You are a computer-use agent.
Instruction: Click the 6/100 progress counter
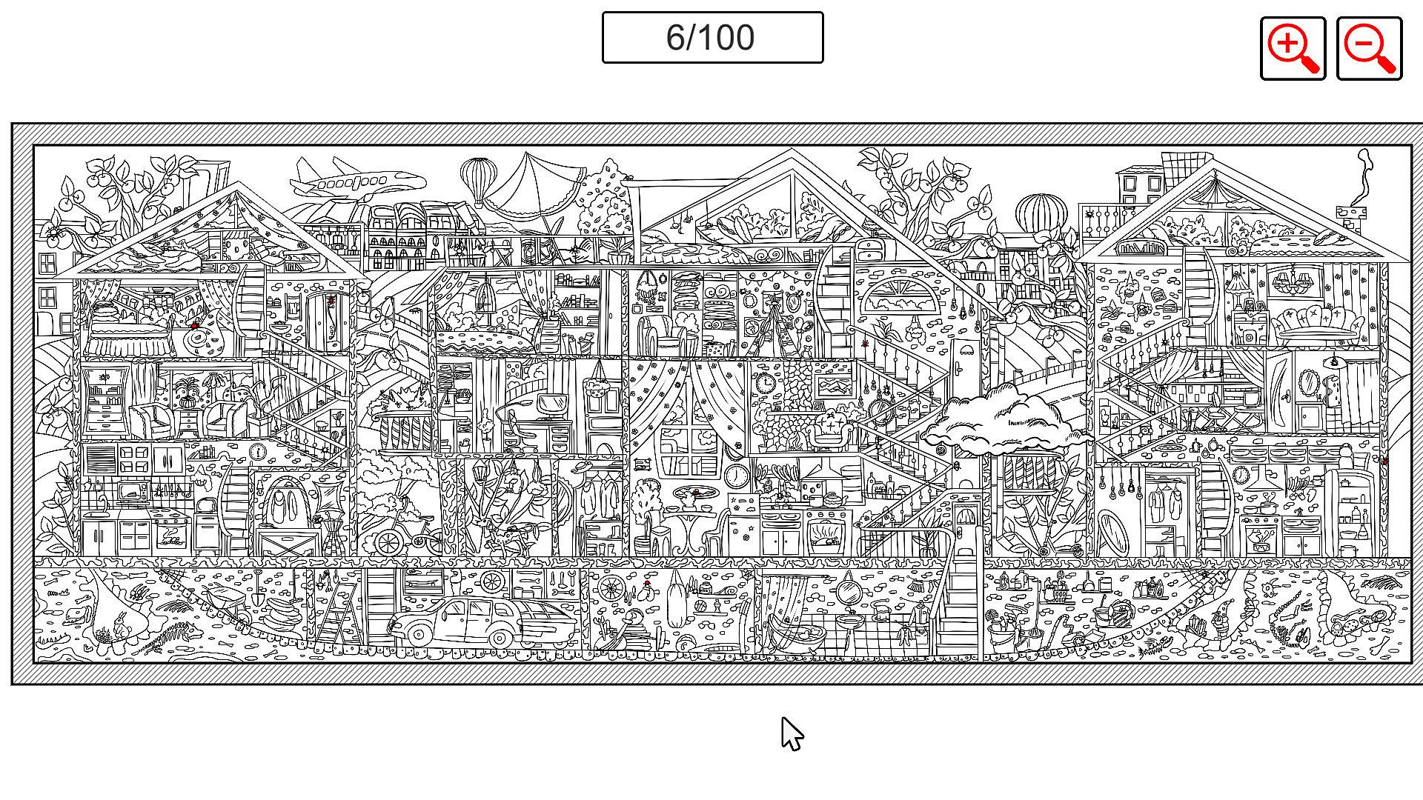coord(711,37)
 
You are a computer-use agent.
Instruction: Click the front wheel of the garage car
coord(419,634)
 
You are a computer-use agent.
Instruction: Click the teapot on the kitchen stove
coord(834,499)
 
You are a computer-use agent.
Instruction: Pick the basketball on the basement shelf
coord(700,605)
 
